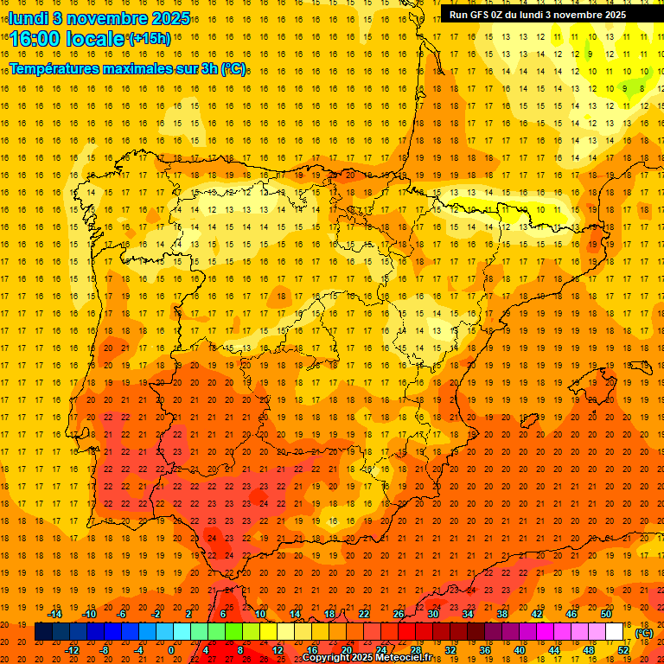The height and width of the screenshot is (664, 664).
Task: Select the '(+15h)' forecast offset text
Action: (x=150, y=39)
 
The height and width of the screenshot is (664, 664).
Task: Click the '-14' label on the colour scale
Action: (x=54, y=614)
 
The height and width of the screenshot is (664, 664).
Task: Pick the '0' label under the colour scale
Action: (x=171, y=649)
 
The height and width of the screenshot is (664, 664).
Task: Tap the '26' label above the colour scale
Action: (x=399, y=614)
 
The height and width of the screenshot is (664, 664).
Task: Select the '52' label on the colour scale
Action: (x=623, y=649)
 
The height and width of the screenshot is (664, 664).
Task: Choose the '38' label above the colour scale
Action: (x=502, y=614)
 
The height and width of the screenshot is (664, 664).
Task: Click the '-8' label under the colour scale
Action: (x=105, y=649)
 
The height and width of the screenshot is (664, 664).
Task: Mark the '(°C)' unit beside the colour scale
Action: (x=644, y=633)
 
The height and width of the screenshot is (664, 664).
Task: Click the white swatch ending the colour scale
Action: (x=614, y=632)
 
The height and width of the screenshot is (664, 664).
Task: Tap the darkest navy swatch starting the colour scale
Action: (x=43, y=632)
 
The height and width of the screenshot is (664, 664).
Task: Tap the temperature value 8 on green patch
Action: (x=642, y=87)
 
